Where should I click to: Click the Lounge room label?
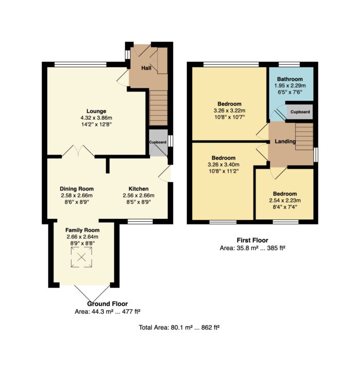tap(96, 111)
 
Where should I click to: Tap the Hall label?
tap(146, 68)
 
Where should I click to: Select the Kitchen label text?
tap(138, 189)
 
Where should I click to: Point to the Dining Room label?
tap(77, 189)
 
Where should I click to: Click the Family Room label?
tap(82, 230)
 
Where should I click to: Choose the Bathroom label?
tap(290, 79)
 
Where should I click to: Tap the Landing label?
tap(285, 141)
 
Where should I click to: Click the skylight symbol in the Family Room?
tap(81, 257)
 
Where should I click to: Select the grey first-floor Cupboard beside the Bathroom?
tap(300, 111)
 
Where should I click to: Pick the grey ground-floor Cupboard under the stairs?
tap(158, 143)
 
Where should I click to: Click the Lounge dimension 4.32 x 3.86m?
tap(96, 118)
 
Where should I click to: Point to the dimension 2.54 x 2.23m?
tap(285, 200)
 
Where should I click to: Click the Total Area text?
tap(179, 327)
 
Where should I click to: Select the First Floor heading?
tap(253, 240)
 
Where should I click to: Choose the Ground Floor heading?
tap(107, 304)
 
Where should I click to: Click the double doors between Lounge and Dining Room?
tap(78, 151)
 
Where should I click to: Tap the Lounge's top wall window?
tap(80, 64)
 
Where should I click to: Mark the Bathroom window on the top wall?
tap(289, 64)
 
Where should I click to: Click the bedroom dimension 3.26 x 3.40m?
tap(223, 164)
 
